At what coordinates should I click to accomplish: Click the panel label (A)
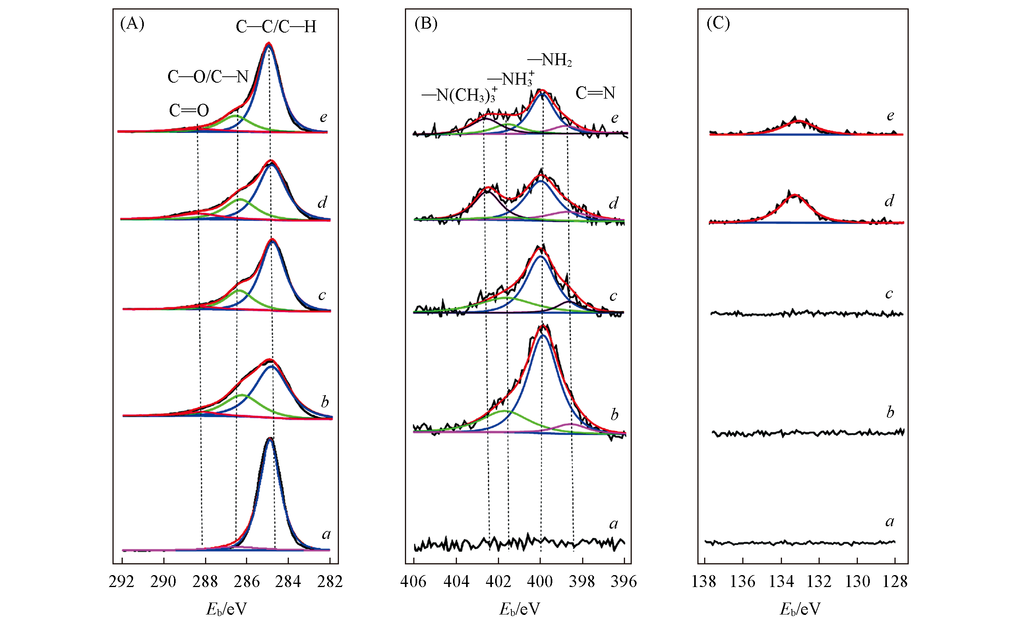click(x=132, y=23)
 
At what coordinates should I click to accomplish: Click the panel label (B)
click(x=426, y=23)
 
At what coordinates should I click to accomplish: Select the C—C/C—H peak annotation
click(x=276, y=27)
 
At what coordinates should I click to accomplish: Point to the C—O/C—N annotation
click(x=208, y=77)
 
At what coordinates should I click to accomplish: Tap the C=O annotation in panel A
click(x=189, y=110)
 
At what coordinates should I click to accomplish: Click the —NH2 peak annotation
click(x=550, y=60)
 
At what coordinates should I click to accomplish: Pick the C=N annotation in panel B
click(x=595, y=93)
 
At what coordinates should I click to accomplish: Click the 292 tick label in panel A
click(x=122, y=582)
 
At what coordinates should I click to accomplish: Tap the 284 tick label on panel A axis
click(x=288, y=582)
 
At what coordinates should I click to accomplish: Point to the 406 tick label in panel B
click(x=414, y=582)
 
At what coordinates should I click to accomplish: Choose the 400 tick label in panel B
click(x=540, y=582)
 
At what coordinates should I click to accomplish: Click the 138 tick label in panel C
click(x=704, y=582)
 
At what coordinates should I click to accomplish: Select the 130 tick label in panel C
click(x=857, y=582)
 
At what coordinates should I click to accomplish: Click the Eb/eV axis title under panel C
click(x=800, y=609)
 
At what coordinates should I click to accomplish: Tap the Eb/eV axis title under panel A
click(x=226, y=609)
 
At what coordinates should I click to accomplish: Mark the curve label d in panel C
click(x=889, y=201)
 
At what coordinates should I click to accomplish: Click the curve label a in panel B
click(x=614, y=524)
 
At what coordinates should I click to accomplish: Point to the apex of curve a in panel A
click(x=270, y=439)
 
